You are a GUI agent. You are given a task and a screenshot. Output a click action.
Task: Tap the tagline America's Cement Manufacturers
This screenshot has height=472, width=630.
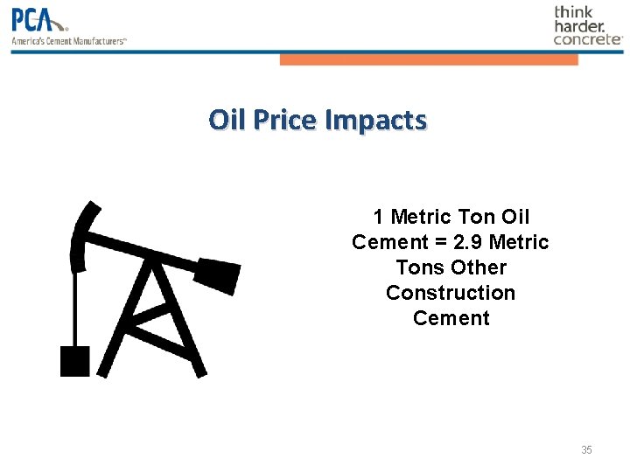pos(69,40)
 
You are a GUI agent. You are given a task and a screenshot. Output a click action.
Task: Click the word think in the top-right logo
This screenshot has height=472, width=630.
pos(574,12)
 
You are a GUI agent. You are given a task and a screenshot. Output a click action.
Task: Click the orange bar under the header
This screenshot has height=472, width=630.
pos(429,59)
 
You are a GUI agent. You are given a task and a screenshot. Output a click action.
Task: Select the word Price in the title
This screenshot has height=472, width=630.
pos(285,119)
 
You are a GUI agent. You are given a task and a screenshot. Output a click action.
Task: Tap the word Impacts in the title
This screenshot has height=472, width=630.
pos(375,119)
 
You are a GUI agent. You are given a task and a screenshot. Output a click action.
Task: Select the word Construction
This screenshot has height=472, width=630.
pos(451,293)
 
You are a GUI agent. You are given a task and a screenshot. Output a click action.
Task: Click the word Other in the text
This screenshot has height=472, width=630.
pos(479,267)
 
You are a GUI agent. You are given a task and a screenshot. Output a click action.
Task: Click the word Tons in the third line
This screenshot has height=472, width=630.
pos(420,267)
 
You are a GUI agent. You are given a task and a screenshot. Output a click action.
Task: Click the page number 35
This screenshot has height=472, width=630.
pos(586,450)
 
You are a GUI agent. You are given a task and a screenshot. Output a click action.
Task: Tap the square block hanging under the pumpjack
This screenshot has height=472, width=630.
pos(74,360)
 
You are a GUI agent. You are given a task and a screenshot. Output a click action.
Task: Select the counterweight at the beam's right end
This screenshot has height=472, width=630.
pos(216,273)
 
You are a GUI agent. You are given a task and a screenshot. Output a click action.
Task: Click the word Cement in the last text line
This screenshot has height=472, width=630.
pos(451,318)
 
